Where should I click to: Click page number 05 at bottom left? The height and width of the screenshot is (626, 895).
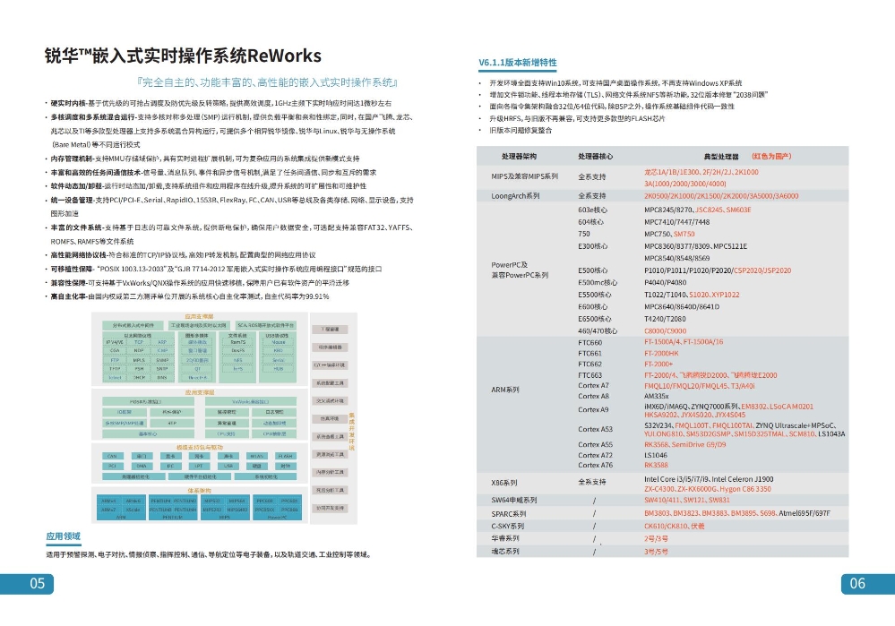coord(38,583)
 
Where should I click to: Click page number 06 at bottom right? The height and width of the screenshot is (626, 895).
coord(857,583)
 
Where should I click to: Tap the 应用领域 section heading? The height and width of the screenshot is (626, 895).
coord(64,536)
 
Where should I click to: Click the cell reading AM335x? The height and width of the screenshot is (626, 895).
coord(657,395)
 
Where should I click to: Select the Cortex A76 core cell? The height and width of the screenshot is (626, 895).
coord(595,465)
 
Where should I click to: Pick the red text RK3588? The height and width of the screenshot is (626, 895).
coord(657,465)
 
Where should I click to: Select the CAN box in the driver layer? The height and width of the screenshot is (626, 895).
coord(111,456)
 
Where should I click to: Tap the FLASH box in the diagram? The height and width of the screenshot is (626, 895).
coord(285,456)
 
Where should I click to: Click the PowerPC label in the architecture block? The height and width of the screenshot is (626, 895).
coord(277,517)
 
